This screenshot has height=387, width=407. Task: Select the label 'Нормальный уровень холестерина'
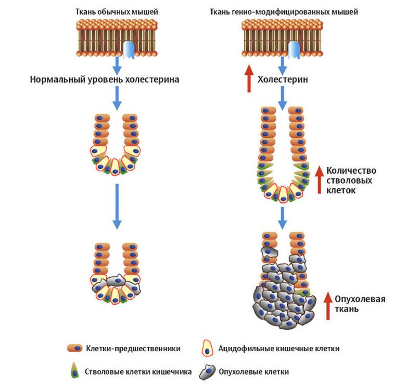click(105, 80)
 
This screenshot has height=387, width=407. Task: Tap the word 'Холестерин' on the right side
click(284, 80)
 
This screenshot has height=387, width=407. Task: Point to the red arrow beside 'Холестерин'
click(249, 78)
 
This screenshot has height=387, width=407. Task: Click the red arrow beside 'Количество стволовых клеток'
click(320, 179)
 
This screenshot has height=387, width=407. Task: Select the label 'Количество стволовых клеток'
click(351, 180)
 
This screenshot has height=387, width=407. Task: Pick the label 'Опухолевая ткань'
click(360, 304)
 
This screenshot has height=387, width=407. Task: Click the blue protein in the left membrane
click(129, 49)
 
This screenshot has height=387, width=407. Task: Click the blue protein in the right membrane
click(294, 49)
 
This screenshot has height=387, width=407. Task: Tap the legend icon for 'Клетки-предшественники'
click(75, 349)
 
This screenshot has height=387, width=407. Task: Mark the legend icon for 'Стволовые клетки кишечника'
click(75, 371)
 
